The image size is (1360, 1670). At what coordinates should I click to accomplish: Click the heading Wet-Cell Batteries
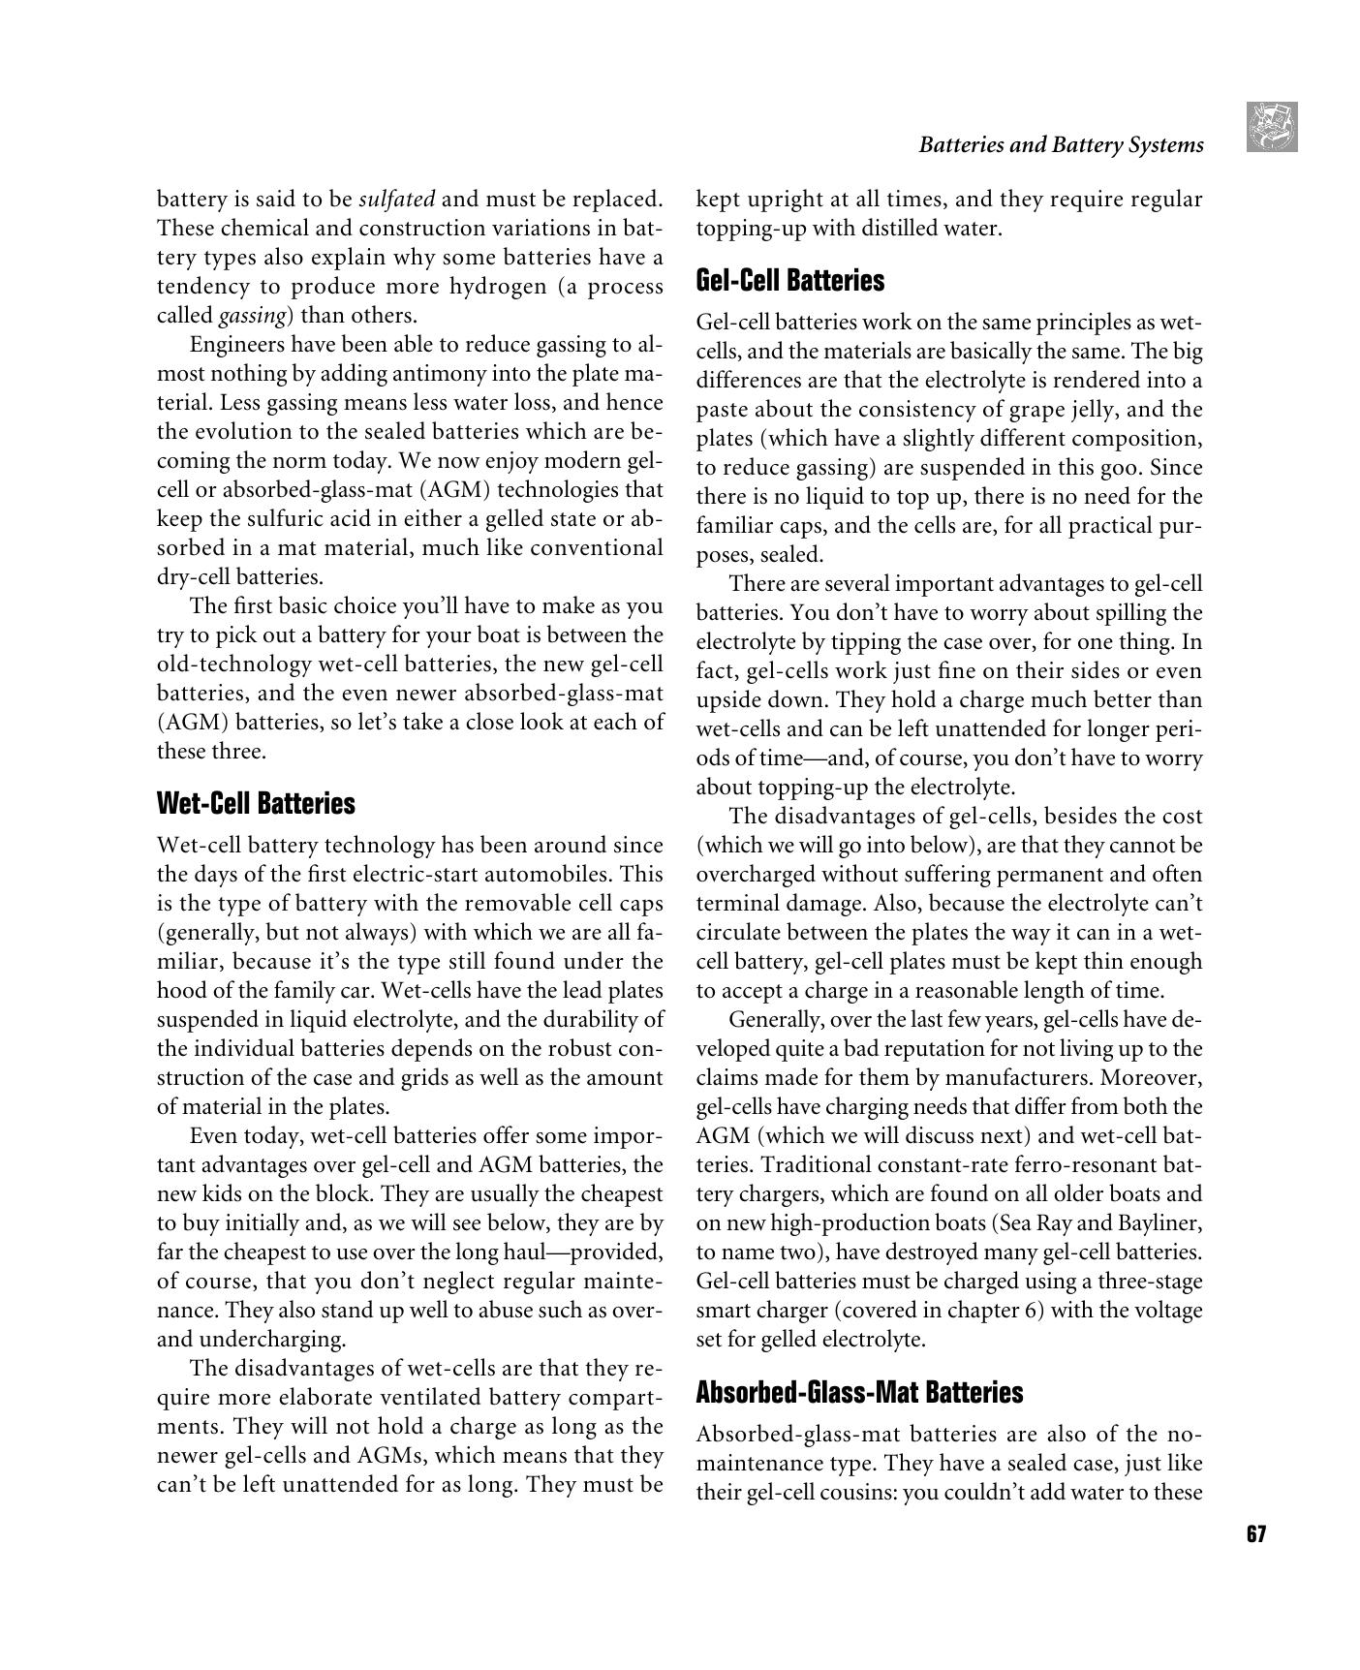pyautogui.click(x=256, y=804)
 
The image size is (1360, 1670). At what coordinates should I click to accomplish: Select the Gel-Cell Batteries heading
pyautogui.click(x=790, y=281)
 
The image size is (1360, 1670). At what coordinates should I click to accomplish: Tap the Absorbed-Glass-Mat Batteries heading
pyautogui.click(x=859, y=1393)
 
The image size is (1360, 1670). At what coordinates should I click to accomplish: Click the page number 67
pyautogui.click(x=1256, y=1534)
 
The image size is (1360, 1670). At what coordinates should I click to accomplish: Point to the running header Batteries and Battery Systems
pyautogui.click(x=1061, y=145)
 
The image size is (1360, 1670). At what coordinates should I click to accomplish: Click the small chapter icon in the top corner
pyautogui.click(x=1272, y=127)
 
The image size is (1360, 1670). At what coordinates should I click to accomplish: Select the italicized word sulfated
pyautogui.click(x=397, y=200)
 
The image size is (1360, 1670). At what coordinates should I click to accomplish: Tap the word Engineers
pyautogui.click(x=235, y=345)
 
